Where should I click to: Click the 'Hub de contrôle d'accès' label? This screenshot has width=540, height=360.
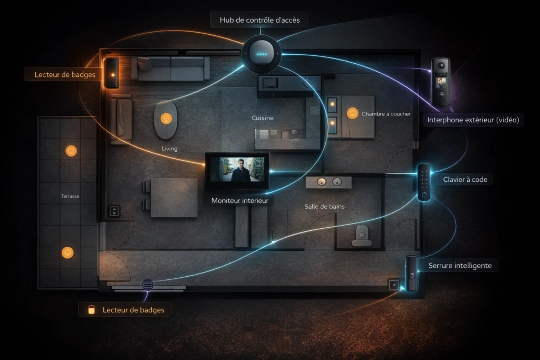[259, 20]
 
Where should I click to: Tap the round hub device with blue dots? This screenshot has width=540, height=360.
[262, 54]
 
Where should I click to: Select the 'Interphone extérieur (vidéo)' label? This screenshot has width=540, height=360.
[473, 120]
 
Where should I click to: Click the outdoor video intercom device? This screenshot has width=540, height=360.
[441, 82]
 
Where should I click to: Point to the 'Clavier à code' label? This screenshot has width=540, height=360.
[465, 179]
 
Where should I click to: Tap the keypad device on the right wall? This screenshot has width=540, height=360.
[424, 182]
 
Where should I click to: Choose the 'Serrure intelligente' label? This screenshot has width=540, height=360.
[460, 265]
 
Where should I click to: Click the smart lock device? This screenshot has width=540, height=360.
[411, 274]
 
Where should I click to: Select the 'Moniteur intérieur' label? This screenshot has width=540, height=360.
[240, 200]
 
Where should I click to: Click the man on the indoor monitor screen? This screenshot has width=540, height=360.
[240, 170]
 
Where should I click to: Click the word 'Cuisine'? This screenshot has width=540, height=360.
[263, 118]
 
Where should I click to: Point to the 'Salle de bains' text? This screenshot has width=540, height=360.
[324, 207]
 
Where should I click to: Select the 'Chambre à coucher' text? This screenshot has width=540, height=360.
[386, 114]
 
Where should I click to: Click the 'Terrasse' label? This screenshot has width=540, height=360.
[70, 196]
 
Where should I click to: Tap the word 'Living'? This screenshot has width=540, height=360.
[169, 149]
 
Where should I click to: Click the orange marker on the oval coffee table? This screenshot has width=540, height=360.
[166, 119]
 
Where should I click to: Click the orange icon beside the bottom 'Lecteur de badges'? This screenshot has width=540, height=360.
[91, 310]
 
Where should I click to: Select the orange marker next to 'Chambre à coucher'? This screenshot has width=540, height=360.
[352, 113]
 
